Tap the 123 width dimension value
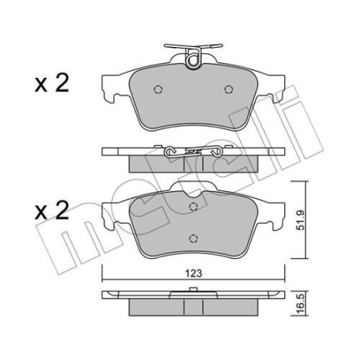click(192, 273)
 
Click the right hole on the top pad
click(229, 89)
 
